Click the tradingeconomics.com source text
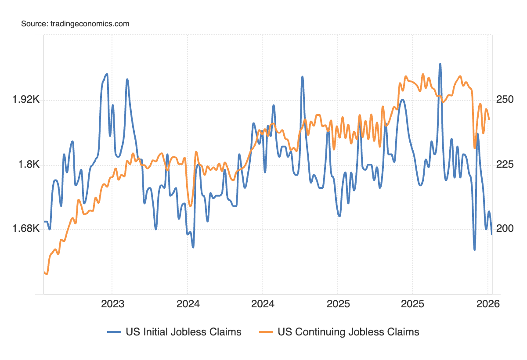(x=89, y=24)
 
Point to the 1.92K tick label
(x=26, y=100)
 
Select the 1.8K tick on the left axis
(x=29, y=165)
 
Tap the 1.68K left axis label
(x=26, y=229)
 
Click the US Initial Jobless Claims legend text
(x=184, y=332)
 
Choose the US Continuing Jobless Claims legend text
(x=348, y=332)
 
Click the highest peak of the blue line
(x=440, y=64)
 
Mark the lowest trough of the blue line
(x=475, y=250)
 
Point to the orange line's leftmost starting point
(x=44, y=272)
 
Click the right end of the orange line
(x=489, y=119)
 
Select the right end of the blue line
(x=491, y=234)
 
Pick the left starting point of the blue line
(x=44, y=222)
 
